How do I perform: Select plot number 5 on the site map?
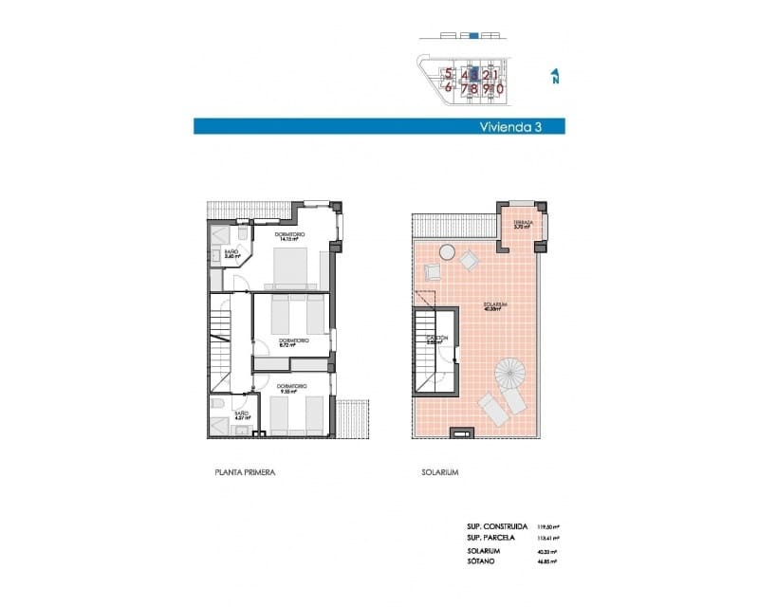point(449,74)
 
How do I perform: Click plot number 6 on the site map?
point(449,88)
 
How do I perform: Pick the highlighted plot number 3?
point(473,74)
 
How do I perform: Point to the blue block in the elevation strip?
point(472,36)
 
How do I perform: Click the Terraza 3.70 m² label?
point(523,226)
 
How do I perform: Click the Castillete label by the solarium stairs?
point(436,340)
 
